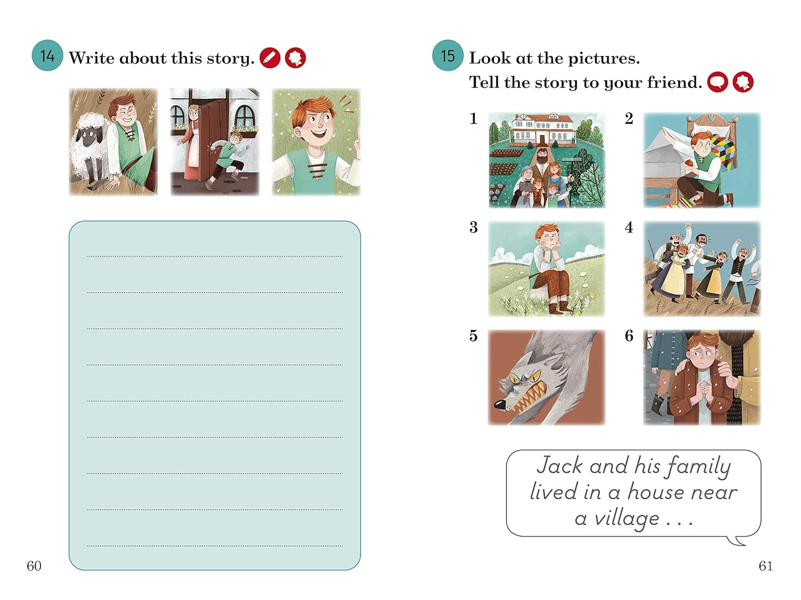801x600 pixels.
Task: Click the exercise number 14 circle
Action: pyautogui.click(x=48, y=55)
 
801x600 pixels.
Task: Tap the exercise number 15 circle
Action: pyautogui.click(x=447, y=55)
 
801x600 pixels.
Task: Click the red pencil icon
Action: pyautogui.click(x=270, y=58)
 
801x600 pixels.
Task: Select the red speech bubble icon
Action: pyautogui.click(x=718, y=82)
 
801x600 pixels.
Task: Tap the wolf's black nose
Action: pyautogui.click(x=499, y=404)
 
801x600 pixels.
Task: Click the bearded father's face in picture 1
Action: pyautogui.click(x=543, y=158)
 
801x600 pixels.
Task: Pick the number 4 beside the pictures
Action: pyautogui.click(x=629, y=228)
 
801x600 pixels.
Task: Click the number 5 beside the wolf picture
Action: pyautogui.click(x=473, y=336)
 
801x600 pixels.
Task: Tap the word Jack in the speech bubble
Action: pyautogui.click(x=560, y=465)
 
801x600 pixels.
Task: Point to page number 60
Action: pyautogui.click(x=34, y=566)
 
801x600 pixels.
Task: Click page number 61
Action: pyautogui.click(x=766, y=566)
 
